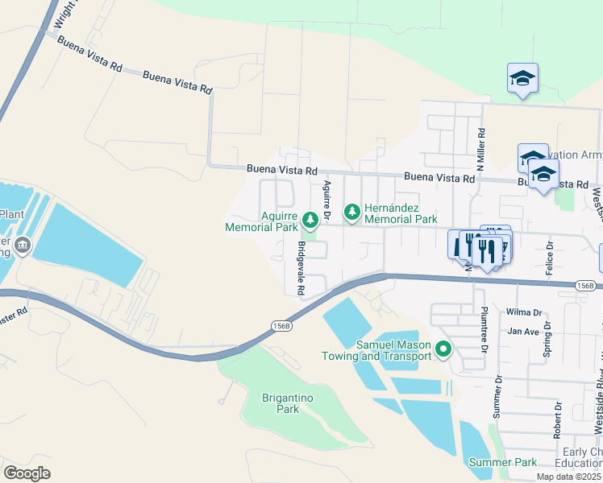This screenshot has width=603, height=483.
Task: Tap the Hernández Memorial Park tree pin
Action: (x=351, y=213)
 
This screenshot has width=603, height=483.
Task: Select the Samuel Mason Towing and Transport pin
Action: (x=443, y=349)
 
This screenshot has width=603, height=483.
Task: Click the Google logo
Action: (x=27, y=473)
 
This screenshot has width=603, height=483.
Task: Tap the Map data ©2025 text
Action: (x=568, y=477)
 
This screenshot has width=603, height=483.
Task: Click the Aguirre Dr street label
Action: (x=327, y=200)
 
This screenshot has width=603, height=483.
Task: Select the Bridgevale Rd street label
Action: (x=301, y=267)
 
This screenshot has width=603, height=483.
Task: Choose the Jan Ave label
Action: (x=522, y=331)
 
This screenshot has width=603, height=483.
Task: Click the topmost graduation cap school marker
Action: (x=522, y=78)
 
